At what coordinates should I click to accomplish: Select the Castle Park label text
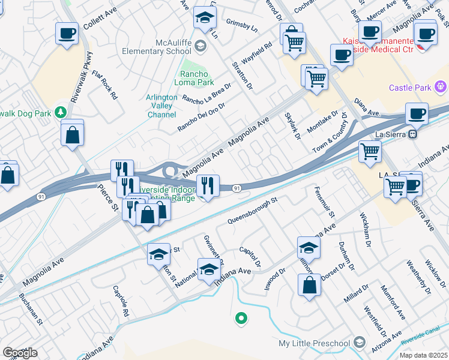click(411, 88)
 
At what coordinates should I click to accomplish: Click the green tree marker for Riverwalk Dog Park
click(61, 112)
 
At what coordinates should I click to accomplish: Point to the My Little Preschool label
click(314, 343)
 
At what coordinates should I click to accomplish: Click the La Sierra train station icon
click(412, 136)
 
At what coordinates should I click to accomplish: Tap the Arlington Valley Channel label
click(161, 106)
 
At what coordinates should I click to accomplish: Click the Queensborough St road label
click(253, 211)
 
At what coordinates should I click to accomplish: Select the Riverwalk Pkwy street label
click(82, 77)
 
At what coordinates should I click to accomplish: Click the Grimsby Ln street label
click(241, 24)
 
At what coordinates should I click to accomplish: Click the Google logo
click(20, 353)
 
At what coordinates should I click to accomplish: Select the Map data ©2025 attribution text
click(423, 355)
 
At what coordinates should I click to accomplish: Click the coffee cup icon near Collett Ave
click(67, 33)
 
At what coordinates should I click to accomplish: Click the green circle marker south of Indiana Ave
click(241, 318)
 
